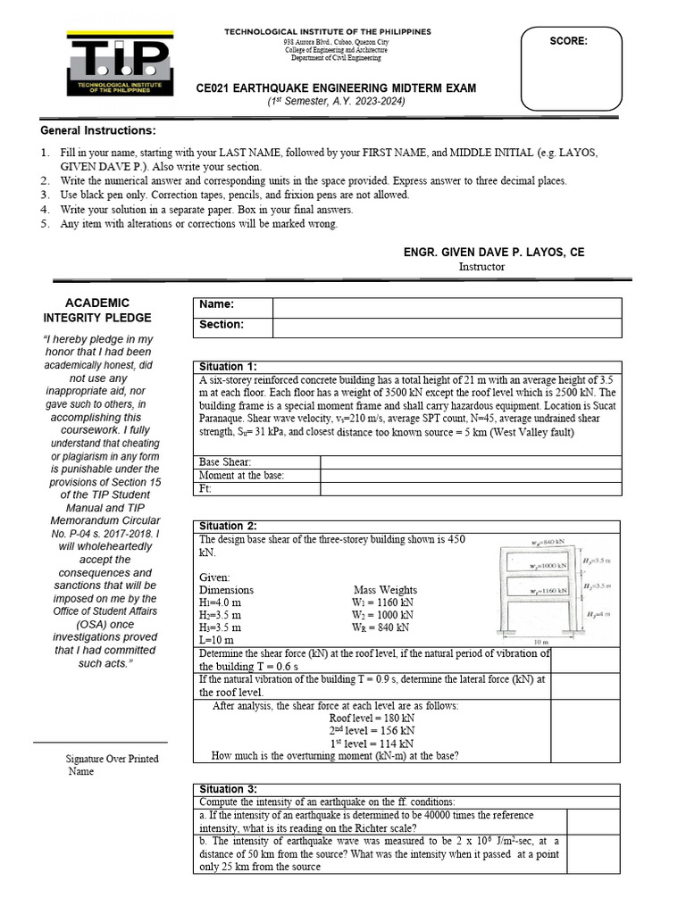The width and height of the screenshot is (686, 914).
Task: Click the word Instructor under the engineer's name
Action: (x=481, y=266)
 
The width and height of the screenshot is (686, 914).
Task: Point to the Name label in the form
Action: (x=218, y=305)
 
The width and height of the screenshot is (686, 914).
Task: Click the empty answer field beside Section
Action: (x=446, y=325)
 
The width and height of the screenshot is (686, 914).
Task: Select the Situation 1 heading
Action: (x=228, y=367)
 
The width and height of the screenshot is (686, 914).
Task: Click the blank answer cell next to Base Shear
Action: (x=470, y=462)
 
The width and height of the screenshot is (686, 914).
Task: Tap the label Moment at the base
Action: (x=241, y=476)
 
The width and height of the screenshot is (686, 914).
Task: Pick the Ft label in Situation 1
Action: (x=205, y=489)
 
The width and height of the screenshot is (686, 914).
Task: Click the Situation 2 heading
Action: (x=228, y=526)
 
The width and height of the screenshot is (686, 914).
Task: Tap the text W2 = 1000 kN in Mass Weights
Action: (x=383, y=615)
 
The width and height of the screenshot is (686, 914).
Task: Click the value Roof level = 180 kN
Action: (x=371, y=718)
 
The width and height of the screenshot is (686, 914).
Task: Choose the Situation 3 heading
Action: (x=228, y=789)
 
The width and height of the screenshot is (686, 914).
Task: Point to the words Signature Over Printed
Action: (x=112, y=759)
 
